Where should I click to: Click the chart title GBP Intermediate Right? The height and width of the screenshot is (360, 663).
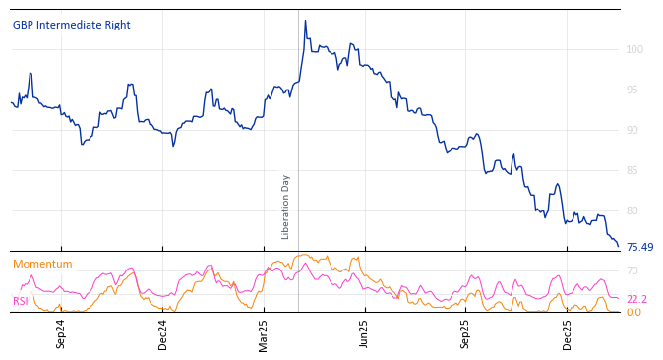tap(72, 25)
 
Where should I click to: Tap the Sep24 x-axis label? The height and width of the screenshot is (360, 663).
tap(61, 334)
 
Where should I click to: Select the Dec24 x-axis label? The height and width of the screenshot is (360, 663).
tap(163, 334)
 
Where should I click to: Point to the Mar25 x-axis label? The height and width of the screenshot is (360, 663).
tap(264, 334)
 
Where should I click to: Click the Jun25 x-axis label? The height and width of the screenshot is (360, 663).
tap(364, 334)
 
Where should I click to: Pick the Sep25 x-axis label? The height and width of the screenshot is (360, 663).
tap(465, 334)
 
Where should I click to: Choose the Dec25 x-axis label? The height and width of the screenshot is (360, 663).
tap(568, 334)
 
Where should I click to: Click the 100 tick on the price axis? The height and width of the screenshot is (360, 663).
tap(634, 49)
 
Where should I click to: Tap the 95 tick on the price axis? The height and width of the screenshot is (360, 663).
tap(632, 90)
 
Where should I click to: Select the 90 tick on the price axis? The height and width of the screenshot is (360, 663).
tap(632, 130)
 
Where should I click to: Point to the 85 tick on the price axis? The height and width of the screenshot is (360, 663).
tap(632, 170)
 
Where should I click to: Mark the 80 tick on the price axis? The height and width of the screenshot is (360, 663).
tap(632, 210)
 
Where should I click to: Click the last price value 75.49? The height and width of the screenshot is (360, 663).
tap(639, 248)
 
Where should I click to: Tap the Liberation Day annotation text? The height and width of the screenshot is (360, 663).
tap(286, 207)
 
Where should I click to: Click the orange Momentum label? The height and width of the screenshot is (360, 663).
tap(42, 264)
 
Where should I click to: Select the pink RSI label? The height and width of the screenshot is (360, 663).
tap(20, 301)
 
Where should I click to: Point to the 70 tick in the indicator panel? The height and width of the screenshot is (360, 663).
tap(632, 270)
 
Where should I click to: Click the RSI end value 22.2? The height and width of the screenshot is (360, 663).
tap(636, 299)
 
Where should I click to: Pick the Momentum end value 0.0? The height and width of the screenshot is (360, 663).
tap(633, 312)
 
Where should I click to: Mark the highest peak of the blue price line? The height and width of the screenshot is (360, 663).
tap(305, 21)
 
